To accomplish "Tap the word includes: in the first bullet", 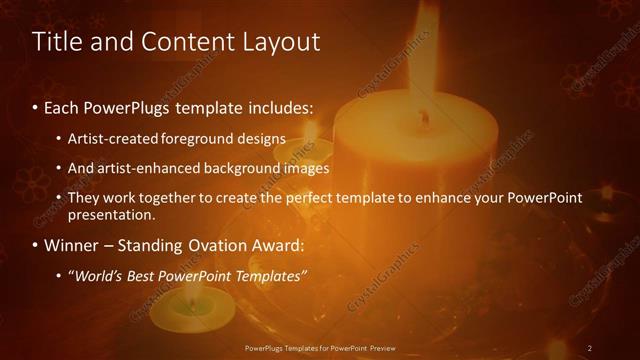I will [277, 106].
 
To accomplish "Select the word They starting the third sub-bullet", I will [83, 198].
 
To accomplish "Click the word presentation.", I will [112, 214].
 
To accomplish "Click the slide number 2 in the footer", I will [590, 348].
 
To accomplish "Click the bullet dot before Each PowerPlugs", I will [36, 106].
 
